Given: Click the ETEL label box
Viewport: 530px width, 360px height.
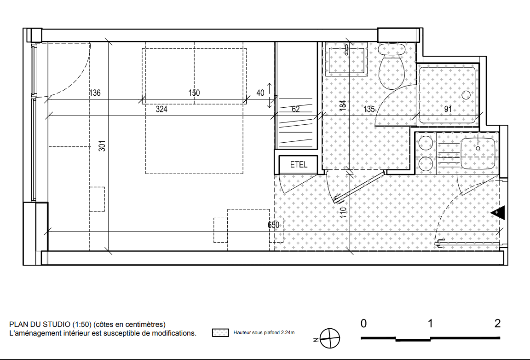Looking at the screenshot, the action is [298, 164].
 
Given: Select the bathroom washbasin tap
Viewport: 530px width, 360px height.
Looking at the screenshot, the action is [347, 50].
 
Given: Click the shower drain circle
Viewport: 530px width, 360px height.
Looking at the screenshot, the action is [466, 95].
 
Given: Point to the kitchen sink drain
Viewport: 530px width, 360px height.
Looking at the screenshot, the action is [478, 148].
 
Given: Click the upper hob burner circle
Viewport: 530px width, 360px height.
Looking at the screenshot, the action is [426, 142].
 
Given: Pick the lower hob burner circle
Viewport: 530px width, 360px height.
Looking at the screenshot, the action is [426, 165].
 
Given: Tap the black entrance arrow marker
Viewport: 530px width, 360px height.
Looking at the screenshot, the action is [498, 213].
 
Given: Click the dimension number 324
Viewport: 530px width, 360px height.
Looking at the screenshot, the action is [161, 109].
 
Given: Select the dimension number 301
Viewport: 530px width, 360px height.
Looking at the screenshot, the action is [103, 146].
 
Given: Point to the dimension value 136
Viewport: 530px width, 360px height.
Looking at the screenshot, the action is [95, 93].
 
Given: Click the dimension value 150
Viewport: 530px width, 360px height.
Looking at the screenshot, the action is [194, 93].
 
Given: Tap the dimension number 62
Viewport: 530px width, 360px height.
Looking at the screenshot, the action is [295, 109].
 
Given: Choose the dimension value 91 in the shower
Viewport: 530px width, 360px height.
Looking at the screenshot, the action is [448, 109].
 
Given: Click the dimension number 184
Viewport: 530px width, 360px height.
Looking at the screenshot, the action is [343, 105].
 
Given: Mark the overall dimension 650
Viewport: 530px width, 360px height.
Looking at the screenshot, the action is [273, 225].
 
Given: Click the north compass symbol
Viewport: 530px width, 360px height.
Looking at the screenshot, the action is [329, 338].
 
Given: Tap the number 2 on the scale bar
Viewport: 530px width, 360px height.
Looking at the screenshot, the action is [497, 324].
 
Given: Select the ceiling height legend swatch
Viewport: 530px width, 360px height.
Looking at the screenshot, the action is [220, 332].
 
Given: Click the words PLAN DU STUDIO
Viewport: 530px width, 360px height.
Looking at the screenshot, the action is [40, 325].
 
